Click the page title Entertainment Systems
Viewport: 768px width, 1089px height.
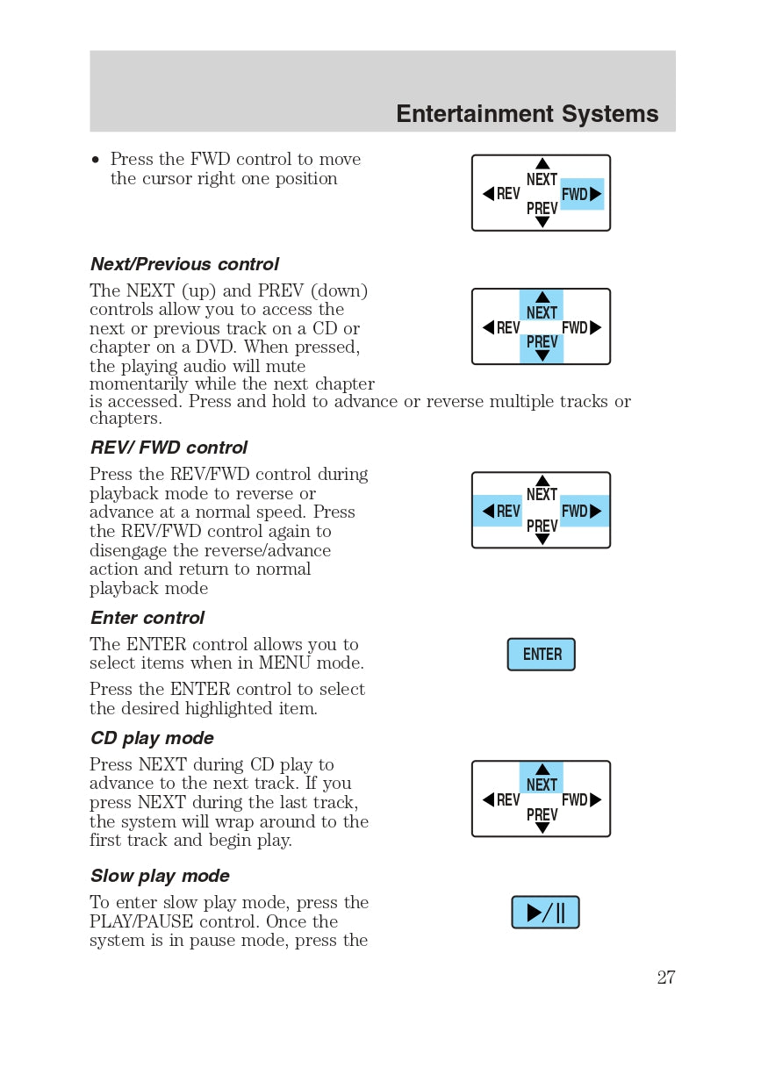pos(527,114)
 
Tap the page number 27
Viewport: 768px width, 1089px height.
pos(666,978)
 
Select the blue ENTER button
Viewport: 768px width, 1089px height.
pos(542,655)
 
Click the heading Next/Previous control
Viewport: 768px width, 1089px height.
pos(184,264)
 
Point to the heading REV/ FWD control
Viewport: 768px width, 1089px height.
pos(169,448)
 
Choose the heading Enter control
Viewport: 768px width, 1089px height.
pos(147,618)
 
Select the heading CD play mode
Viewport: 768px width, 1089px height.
pos(152,738)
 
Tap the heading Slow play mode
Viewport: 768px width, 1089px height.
pos(160,876)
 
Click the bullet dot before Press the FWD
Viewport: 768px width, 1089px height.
pos(96,161)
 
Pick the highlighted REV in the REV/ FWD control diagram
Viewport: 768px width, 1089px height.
pos(499,511)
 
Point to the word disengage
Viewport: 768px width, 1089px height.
pos(126,550)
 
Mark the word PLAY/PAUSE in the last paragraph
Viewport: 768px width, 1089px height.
pos(141,921)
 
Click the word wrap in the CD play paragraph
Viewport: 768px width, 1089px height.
pos(295,821)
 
